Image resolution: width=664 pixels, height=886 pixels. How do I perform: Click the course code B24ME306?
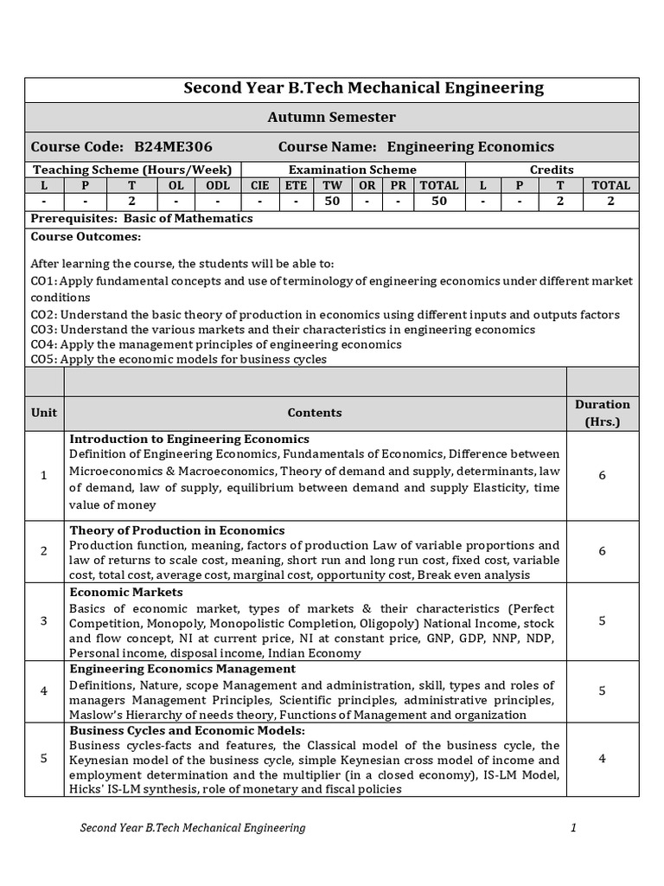point(173,147)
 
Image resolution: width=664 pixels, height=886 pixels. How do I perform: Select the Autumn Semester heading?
point(331,117)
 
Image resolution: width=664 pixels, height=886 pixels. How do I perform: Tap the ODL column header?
point(219,185)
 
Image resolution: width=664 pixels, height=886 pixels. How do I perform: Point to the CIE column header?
point(259,185)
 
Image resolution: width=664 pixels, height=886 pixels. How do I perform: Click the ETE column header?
point(296,185)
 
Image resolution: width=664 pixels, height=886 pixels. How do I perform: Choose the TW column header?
point(332,185)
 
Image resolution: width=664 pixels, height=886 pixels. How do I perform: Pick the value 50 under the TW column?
point(332,202)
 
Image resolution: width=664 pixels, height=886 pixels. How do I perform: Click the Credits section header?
point(552,170)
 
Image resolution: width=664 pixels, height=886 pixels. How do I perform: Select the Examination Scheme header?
point(352,170)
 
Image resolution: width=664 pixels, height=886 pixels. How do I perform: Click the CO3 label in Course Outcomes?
point(43,330)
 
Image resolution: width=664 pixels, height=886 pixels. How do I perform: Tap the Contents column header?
point(315,413)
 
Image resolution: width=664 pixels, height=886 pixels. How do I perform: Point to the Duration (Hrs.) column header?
point(602,413)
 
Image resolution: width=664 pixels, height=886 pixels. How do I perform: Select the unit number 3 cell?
point(44,621)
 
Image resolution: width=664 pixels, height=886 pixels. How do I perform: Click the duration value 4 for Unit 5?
point(602,759)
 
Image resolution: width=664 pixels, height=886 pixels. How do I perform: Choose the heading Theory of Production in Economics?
point(177,530)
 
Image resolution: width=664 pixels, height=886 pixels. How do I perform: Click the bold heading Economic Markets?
point(126,593)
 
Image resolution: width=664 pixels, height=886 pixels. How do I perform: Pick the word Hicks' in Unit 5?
point(86,789)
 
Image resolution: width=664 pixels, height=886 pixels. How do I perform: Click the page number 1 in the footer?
point(572,828)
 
